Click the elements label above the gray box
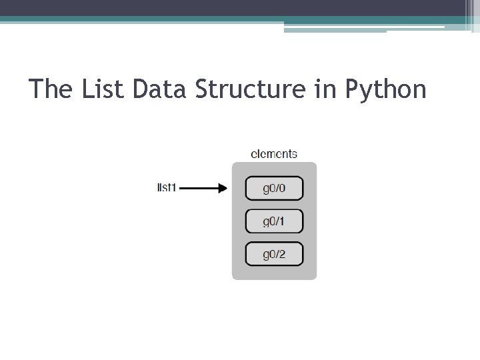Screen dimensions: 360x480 tap(274, 154)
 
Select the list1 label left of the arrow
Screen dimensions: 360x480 tap(167, 187)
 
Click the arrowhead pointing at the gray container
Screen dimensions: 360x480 tap(223, 188)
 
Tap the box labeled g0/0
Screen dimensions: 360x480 tap(274, 188)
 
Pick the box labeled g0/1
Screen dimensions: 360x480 tap(274, 221)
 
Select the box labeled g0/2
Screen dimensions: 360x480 tap(274, 254)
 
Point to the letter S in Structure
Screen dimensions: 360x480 tap(203, 89)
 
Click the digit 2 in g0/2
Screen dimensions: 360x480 tap(282, 254)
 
